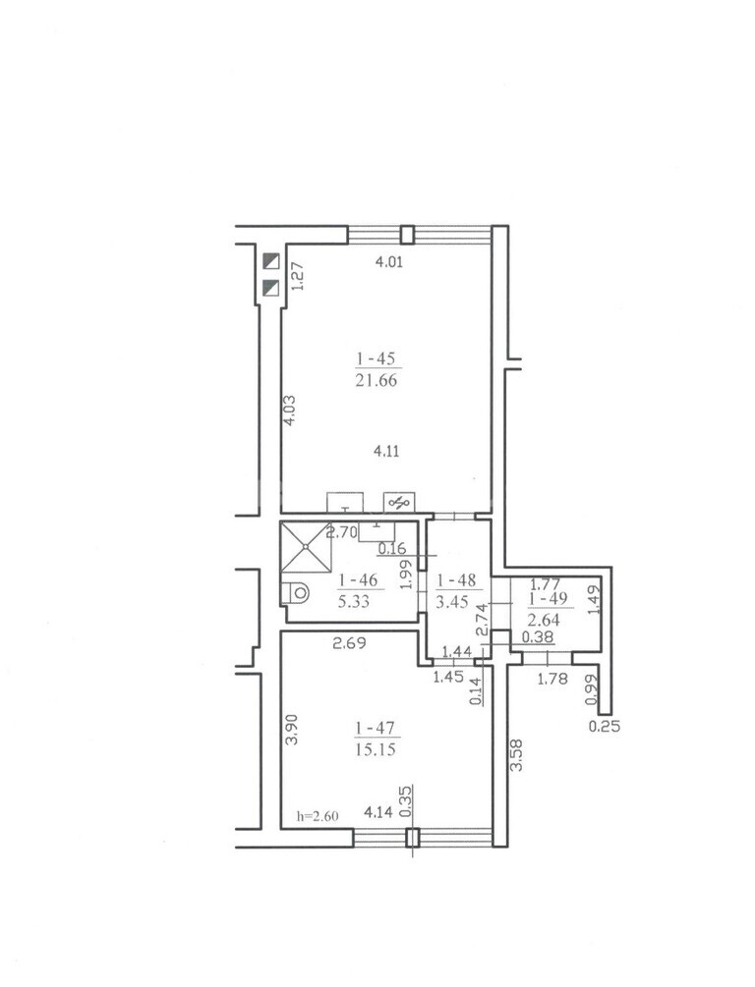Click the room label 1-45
tap(376, 358)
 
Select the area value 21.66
tap(377, 380)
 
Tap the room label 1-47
tap(376, 729)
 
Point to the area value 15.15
tap(376, 749)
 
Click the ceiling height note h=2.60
tap(318, 816)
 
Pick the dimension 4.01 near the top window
tap(389, 261)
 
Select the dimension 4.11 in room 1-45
tap(386, 451)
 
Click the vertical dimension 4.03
tap(289, 411)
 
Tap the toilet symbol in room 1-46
tap(295, 592)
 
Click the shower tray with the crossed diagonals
tap(306, 547)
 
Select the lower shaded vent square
tap(271, 288)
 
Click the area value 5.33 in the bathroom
tap(354, 602)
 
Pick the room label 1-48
tap(456, 579)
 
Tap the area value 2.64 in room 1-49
tap(545, 621)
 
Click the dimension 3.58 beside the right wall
tap(517, 755)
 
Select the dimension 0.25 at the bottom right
tap(605, 727)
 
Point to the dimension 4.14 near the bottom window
tap(378, 812)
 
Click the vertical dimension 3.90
tap(291, 730)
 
